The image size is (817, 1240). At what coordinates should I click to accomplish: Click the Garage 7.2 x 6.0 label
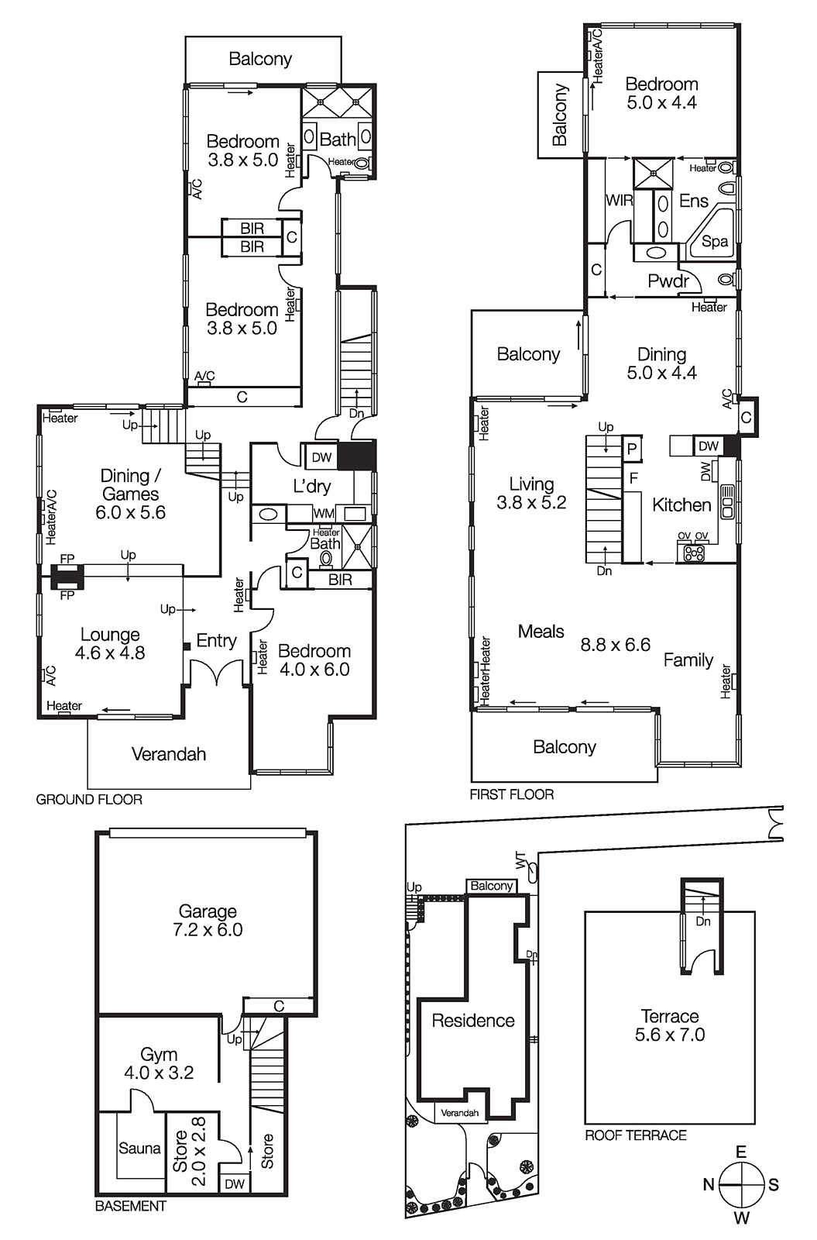[208, 921]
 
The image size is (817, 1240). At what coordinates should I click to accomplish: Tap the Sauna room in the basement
[139, 1149]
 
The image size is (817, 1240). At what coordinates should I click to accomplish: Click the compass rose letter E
[741, 1152]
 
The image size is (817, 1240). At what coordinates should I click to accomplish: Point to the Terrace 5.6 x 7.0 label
[670, 1025]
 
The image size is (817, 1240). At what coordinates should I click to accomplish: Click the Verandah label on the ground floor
[168, 754]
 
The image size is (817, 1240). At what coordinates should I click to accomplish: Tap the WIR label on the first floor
[619, 201]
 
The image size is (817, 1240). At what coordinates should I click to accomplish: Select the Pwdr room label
[668, 281]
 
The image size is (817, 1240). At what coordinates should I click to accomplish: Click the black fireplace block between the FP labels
[67, 576]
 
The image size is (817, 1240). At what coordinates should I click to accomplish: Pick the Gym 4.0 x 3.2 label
[159, 1063]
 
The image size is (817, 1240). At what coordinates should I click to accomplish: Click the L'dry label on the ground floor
[312, 487]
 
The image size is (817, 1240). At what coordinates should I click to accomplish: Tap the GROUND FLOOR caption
[89, 799]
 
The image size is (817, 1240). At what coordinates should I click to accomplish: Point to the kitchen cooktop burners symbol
[694, 553]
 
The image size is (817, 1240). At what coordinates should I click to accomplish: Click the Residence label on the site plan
[472, 1021]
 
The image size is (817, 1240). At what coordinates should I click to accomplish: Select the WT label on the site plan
[520, 860]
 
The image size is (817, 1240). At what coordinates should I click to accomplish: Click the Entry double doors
[217, 673]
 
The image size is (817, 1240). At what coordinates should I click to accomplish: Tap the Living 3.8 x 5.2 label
[531, 493]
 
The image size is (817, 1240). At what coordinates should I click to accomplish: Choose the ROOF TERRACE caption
[635, 1135]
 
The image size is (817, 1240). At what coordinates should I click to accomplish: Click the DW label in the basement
[235, 1184]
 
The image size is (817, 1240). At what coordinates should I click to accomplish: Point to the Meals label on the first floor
[541, 632]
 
